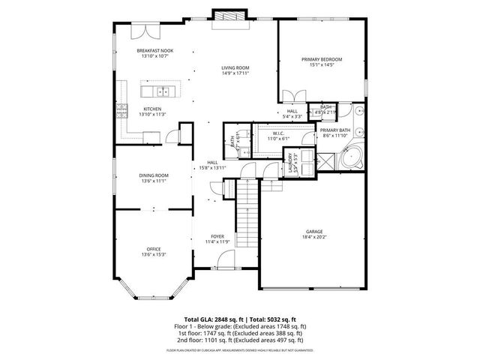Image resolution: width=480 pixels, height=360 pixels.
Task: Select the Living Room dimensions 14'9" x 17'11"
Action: [x=235, y=73]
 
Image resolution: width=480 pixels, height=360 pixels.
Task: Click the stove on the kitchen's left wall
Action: [x=120, y=112]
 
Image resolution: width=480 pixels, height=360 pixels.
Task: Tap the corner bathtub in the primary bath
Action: [x=352, y=160]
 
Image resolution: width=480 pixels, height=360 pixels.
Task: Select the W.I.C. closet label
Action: [x=278, y=134]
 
